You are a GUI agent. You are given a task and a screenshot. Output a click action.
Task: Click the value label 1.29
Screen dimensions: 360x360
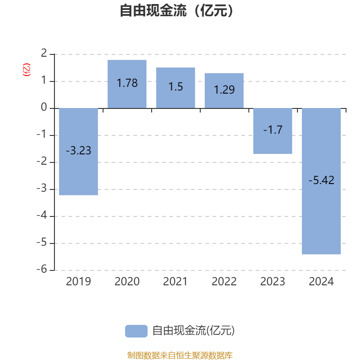click(x=224, y=90)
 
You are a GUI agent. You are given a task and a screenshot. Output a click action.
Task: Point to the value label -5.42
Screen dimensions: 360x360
click(x=321, y=180)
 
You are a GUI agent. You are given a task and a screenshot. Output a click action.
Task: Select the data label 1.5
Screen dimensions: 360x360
click(x=175, y=87)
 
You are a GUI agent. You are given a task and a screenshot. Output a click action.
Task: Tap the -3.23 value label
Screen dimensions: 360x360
click(x=78, y=151)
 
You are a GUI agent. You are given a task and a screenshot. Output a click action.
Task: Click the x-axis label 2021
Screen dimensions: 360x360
click(x=175, y=282)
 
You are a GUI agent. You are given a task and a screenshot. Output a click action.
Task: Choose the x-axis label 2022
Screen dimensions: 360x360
click(x=224, y=282)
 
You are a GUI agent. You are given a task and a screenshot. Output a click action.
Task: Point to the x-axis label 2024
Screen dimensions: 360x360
click(x=321, y=282)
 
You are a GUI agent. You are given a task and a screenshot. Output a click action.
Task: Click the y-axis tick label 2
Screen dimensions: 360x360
click(x=44, y=54)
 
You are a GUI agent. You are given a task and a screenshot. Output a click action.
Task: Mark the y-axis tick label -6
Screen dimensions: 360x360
click(x=42, y=270)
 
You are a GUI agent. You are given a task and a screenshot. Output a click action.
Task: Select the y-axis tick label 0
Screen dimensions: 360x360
click(x=44, y=108)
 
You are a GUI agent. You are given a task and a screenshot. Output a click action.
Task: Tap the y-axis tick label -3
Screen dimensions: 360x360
click(x=42, y=189)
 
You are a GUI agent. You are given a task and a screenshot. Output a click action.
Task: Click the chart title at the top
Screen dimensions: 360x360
click(x=180, y=10)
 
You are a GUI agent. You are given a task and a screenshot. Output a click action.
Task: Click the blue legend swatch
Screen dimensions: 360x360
click(x=136, y=331)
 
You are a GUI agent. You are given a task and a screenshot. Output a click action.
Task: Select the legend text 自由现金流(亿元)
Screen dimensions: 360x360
click(x=193, y=331)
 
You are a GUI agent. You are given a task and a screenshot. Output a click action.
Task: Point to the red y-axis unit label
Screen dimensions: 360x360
click(x=27, y=70)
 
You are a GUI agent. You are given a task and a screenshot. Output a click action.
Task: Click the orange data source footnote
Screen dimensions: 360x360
click(x=180, y=355)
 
